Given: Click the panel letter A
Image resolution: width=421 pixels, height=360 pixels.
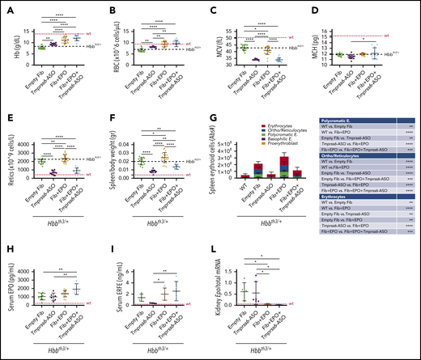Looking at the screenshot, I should (5, 6).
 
